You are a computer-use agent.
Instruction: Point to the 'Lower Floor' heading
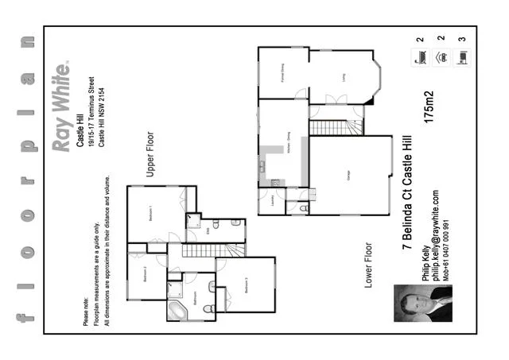pyautogui.click(x=368, y=266)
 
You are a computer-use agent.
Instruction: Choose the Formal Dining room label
pyautogui.click(x=282, y=74)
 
